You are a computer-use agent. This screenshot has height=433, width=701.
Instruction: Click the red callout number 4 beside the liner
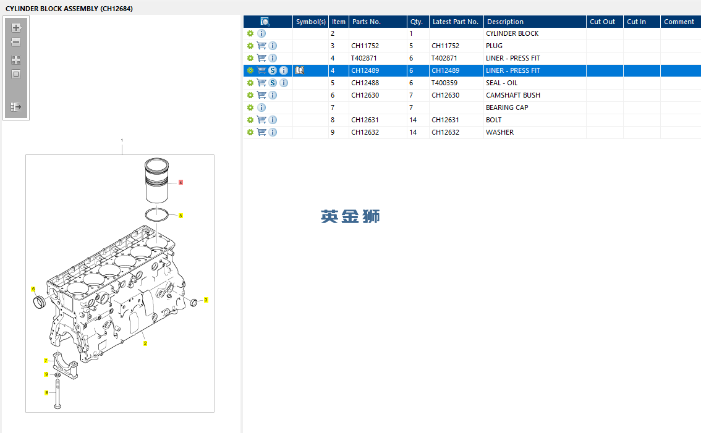coord(181,183)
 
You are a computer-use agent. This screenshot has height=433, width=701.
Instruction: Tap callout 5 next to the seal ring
coord(181,216)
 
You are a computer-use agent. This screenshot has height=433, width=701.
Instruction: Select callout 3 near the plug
coord(206,300)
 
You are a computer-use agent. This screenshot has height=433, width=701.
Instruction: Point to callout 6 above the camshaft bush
coord(33,288)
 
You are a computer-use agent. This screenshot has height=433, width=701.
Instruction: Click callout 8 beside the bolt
coord(46,392)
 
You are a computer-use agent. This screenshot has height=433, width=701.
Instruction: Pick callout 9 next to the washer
coord(46,374)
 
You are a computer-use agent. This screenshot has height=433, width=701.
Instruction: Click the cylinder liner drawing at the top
coord(156,180)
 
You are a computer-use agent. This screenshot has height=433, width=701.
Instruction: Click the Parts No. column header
coord(366,22)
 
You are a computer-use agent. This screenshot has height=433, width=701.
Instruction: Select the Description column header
coord(505,22)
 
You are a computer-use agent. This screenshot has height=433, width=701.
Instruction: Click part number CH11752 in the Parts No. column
coord(365,46)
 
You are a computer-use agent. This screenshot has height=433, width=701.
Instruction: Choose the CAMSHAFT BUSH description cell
coord(512,95)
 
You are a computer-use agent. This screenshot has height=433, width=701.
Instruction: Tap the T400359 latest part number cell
coord(444,83)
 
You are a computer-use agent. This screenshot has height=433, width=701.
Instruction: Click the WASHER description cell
coord(499,132)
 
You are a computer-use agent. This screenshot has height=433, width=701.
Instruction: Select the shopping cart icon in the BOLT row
coord(261,120)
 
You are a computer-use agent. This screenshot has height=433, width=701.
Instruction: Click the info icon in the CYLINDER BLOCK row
coord(261,33)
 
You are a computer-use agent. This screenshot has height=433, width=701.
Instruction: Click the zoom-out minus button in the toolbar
coord(16,43)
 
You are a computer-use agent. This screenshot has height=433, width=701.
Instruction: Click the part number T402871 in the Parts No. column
coord(364,58)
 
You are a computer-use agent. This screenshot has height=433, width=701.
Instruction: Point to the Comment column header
coord(679,22)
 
